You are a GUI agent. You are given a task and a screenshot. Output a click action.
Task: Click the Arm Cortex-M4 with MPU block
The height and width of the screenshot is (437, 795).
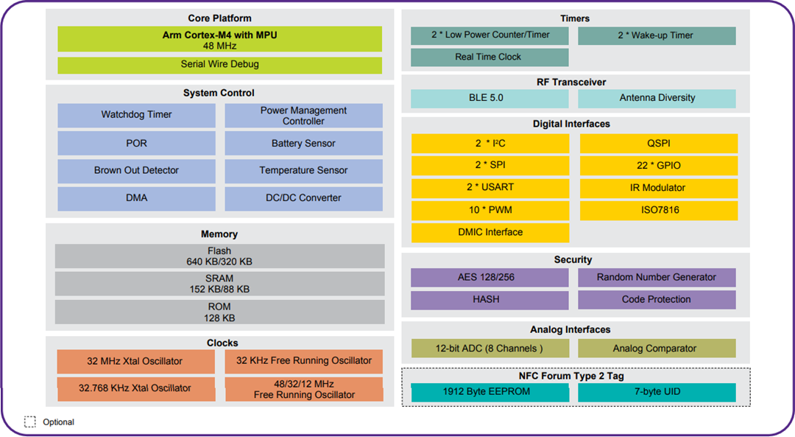219,40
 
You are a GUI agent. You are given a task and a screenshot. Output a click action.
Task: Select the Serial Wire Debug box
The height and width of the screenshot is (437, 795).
219,65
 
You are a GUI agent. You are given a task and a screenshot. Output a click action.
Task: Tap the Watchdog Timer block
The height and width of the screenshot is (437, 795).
136,115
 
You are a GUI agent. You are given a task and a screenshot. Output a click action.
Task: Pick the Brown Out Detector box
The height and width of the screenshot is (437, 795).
136,170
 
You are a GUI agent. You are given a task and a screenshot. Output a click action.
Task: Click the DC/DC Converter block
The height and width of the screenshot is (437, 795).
303,198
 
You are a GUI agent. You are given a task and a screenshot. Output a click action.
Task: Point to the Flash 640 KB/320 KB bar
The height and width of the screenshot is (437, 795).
219,256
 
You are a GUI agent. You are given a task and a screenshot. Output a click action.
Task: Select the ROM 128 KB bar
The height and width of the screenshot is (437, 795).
219,312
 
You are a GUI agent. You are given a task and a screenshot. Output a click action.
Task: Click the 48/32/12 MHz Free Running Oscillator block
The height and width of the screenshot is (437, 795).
304,389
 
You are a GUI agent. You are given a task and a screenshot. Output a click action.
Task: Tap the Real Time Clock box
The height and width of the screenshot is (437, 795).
489,57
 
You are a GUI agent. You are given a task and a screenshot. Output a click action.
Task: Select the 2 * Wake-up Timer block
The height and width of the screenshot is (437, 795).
656,35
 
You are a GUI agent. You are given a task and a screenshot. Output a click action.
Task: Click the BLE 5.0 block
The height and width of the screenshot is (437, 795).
489,98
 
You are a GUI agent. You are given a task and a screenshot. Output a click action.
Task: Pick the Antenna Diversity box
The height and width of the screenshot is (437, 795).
657,98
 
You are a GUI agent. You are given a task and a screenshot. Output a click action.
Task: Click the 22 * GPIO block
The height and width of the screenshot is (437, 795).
658,166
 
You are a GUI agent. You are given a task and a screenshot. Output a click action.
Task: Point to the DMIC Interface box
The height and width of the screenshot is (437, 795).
490,232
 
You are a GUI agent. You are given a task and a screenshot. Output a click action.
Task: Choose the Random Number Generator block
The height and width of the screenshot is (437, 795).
656,278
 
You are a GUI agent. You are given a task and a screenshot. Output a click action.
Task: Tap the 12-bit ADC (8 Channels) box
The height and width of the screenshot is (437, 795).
489,349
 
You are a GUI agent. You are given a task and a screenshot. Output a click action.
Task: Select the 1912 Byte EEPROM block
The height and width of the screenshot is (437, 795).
489,392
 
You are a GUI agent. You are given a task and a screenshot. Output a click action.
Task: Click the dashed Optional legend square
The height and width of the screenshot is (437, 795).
30,422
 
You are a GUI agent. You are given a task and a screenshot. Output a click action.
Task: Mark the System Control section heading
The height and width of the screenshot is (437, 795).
219,93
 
